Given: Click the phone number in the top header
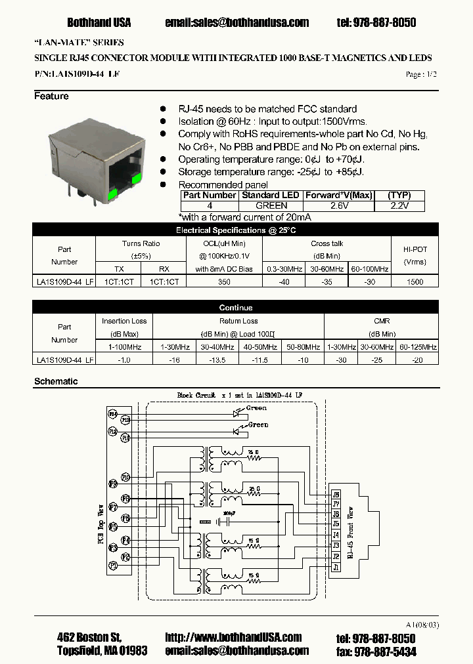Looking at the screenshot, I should [x=376, y=22].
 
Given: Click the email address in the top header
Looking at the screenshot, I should [x=237, y=22].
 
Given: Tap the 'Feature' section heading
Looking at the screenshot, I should [x=51, y=96].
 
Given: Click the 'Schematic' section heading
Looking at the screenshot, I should [x=56, y=381].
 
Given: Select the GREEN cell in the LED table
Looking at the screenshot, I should [x=270, y=205].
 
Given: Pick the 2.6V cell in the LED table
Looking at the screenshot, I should [x=338, y=205].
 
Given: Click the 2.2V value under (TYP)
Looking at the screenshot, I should [x=399, y=205].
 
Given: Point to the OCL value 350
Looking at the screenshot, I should [x=224, y=281].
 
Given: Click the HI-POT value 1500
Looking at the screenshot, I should [x=415, y=281].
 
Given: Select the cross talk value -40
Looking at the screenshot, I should [x=283, y=281].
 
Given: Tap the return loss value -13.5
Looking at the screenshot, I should [x=217, y=360].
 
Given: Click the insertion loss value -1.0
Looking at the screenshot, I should [x=124, y=360].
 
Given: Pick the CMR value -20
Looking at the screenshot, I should [x=417, y=360].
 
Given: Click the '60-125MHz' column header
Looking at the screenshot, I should [x=417, y=346].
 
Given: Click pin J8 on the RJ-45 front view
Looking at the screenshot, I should [x=336, y=494].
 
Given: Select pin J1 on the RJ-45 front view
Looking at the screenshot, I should [x=336, y=567].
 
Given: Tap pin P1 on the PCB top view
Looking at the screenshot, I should [x=113, y=565].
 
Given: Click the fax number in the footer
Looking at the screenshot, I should [x=376, y=651].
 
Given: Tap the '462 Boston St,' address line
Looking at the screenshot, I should [x=89, y=638].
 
